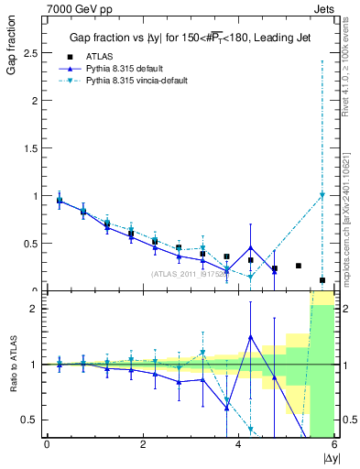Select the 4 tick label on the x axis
pos(238,445)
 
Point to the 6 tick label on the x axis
pos(335,445)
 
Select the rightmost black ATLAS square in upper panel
pos(322,280)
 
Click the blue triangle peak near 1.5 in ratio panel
pos(250,337)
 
